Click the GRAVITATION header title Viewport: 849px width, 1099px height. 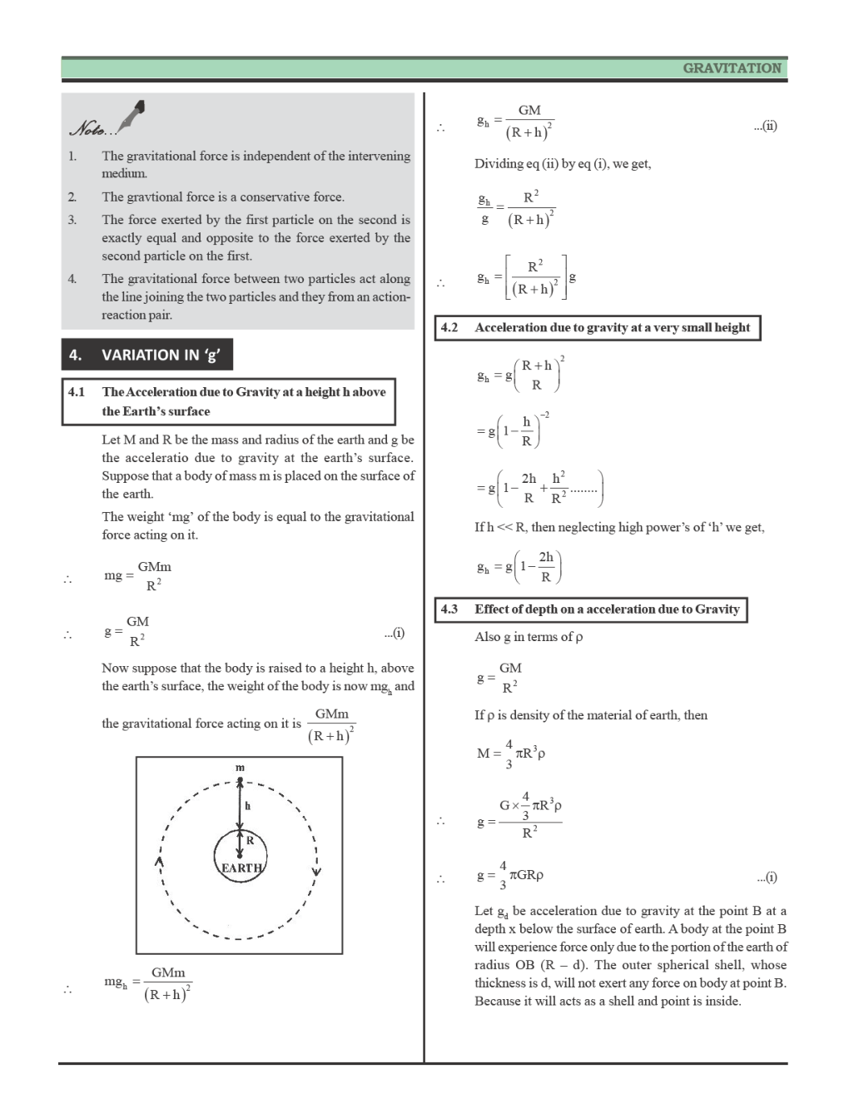tap(732, 68)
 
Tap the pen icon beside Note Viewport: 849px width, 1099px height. tap(132, 116)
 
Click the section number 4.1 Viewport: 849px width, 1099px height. tap(77, 392)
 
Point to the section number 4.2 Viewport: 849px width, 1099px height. tap(449, 328)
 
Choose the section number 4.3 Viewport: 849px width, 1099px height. tap(449, 609)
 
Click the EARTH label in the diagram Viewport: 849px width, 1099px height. tap(241, 868)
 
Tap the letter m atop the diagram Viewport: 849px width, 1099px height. tap(240, 767)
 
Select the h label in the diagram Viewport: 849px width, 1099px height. tap(247, 806)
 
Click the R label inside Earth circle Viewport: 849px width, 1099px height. tap(249, 840)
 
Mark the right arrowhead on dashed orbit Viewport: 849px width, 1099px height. tap(316, 872)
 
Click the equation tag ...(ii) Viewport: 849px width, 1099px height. tap(765, 127)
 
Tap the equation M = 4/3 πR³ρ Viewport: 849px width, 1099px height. tap(510, 753)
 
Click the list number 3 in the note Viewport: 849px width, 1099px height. tap(72, 220)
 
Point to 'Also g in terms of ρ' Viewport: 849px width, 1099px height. tap(529, 637)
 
